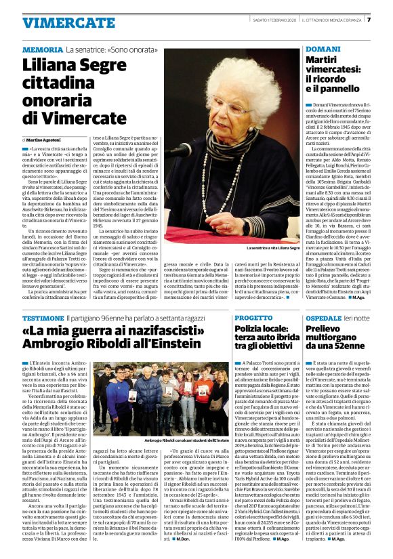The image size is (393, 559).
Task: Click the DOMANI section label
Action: (318, 50)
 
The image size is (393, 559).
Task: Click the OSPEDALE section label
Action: (325, 317)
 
